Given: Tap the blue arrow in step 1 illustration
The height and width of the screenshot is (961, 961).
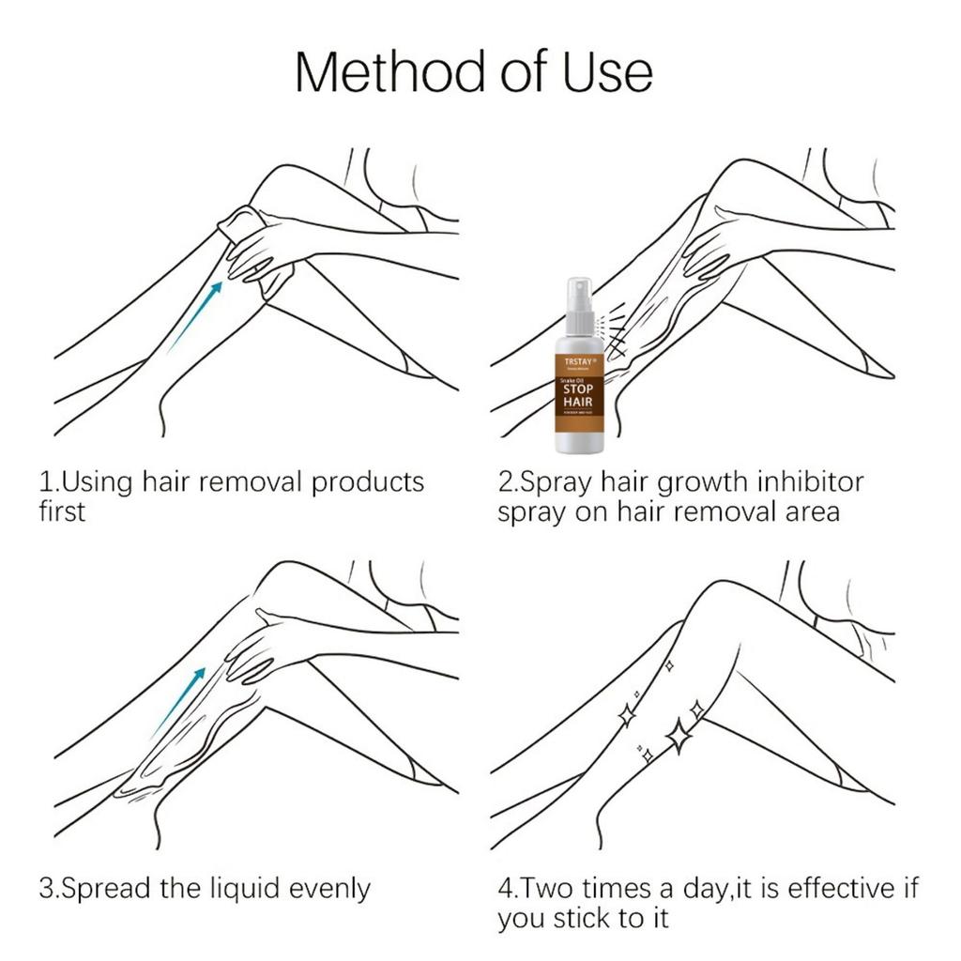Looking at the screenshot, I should pos(196,313).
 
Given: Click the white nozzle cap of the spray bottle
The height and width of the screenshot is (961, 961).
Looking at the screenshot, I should pos(579,298).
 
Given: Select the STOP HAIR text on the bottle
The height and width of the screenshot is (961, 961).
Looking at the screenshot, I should pos(578,395).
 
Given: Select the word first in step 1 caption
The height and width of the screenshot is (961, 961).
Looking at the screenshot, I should pos(62,512).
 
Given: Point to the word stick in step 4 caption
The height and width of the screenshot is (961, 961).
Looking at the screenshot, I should pos(588,918).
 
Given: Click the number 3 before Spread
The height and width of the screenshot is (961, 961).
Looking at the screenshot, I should pos(45,888).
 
